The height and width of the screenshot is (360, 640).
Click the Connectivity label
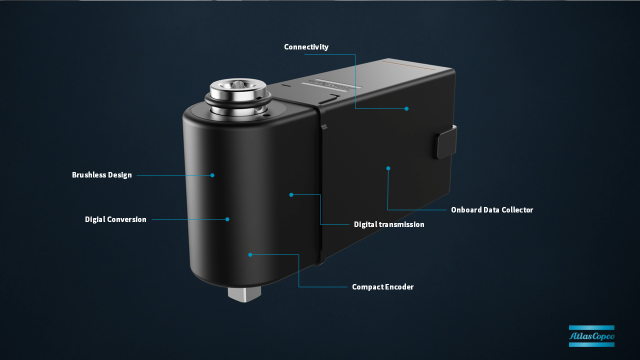(306, 47)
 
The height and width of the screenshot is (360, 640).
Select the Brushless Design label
(101, 175)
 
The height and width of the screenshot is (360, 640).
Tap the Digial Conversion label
(115, 219)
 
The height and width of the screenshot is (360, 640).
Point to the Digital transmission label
(389, 224)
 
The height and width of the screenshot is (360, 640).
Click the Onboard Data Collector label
(492, 209)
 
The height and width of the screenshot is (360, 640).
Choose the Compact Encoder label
(382, 287)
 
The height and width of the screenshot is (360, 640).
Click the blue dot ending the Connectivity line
(406, 108)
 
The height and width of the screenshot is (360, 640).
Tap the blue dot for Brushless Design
(212, 175)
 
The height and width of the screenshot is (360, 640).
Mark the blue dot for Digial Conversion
(227, 219)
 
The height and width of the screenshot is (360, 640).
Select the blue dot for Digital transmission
(291, 195)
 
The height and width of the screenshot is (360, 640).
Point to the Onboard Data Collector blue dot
(388, 168)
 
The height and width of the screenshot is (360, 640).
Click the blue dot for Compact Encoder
(250, 255)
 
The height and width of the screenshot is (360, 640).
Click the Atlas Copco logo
(591, 336)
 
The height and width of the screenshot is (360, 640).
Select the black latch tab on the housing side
(445, 142)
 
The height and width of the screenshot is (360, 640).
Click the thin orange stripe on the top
(409, 65)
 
